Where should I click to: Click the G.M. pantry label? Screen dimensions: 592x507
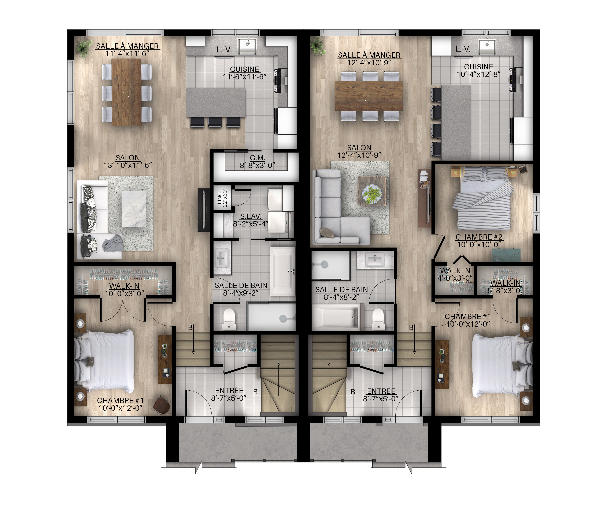click(258, 162)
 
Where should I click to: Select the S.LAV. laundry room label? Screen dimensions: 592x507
click(251, 220)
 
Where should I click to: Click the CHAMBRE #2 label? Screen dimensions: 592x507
click(479, 241)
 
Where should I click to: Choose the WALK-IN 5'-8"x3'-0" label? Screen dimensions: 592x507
click(506, 287)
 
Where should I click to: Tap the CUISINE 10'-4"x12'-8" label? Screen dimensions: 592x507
click(479, 70)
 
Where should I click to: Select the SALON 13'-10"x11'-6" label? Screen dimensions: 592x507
click(128, 161)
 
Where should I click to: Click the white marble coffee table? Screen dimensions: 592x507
click(134, 209)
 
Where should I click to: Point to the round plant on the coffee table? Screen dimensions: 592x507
click(372, 195)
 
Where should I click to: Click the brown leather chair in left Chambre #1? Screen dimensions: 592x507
click(162, 405)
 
